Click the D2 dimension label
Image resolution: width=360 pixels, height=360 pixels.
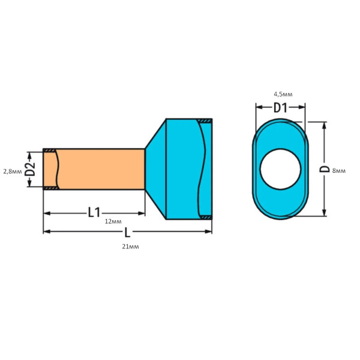[x=31, y=169]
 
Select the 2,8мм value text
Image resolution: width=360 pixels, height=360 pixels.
[x=13, y=171]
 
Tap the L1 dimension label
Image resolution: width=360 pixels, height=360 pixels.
[x=94, y=212]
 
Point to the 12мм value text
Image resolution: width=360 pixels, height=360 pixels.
[x=113, y=221]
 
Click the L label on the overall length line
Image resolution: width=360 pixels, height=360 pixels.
[x=127, y=232]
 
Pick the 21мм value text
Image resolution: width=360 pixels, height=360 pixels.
[x=130, y=247]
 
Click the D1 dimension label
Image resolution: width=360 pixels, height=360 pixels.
[x=280, y=107]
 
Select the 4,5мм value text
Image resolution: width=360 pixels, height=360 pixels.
[x=283, y=94]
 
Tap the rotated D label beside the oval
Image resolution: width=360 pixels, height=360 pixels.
[x=324, y=169]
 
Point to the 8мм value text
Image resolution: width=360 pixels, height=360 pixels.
[x=339, y=171]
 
